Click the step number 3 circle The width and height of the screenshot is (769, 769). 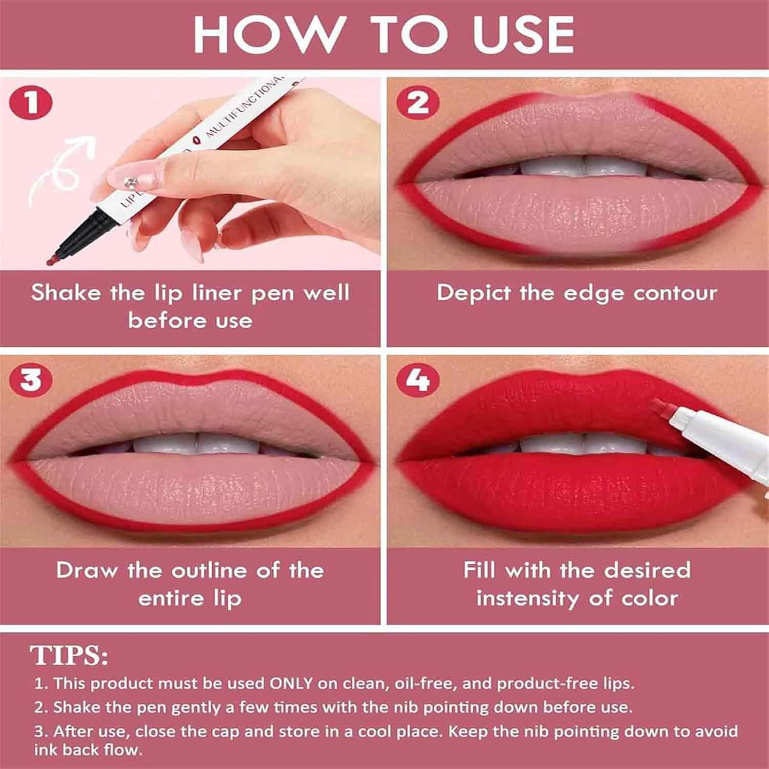click(31, 380)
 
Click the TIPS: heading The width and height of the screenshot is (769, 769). click(69, 655)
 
